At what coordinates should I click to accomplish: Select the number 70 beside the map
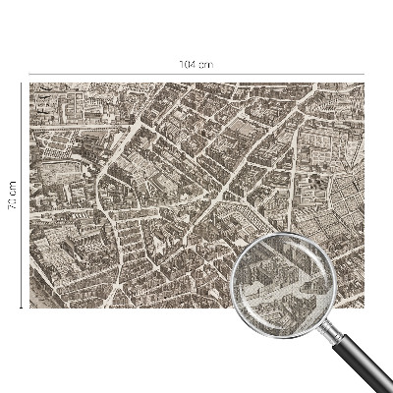[x=13, y=203]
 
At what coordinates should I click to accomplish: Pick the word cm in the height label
[x=13, y=187]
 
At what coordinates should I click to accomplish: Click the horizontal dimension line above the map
[x=118, y=72]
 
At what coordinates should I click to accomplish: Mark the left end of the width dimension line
[x=29, y=72]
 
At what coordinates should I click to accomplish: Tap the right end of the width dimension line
[x=363, y=72]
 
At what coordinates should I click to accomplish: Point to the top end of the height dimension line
[x=22, y=84]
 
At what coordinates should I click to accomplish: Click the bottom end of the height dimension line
[x=22, y=308]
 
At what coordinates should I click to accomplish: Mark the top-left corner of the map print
[x=30, y=84]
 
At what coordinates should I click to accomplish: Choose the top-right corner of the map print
[x=363, y=84]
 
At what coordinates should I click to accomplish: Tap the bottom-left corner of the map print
[x=30, y=308]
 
